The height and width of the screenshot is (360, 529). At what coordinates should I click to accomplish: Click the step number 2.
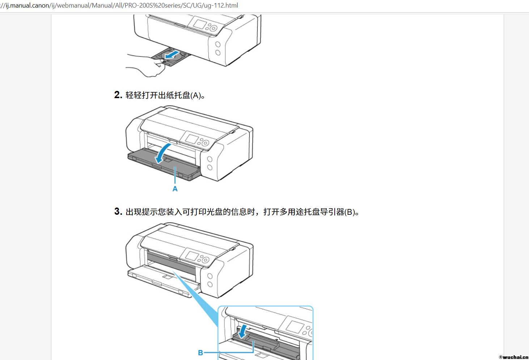[118, 95]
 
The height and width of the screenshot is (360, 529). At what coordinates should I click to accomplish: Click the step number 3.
[118, 212]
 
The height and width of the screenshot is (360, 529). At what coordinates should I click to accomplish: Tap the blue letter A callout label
[175, 189]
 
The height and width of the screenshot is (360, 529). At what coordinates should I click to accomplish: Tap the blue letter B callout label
[200, 353]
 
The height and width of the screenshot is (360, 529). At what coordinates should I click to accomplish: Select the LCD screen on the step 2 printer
[192, 138]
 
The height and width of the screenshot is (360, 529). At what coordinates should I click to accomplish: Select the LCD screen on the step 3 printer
[192, 255]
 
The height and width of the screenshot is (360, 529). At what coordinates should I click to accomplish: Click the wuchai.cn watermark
[514, 357]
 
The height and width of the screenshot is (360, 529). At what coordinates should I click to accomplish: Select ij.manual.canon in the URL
[27, 5]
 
